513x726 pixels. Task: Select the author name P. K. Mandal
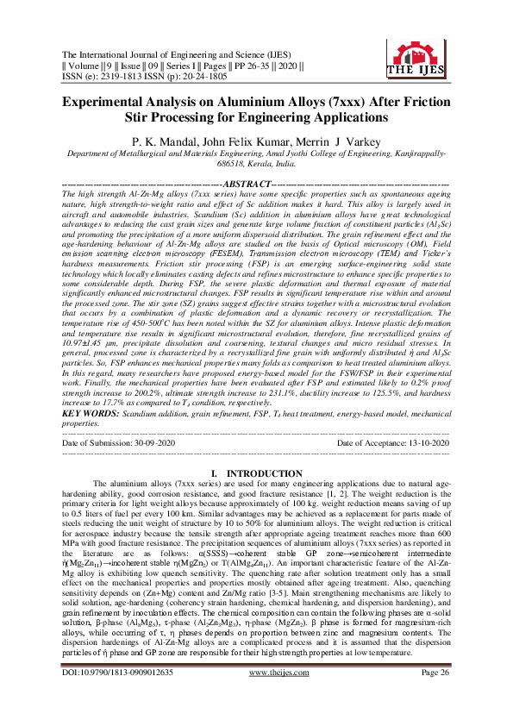click(158, 141)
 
